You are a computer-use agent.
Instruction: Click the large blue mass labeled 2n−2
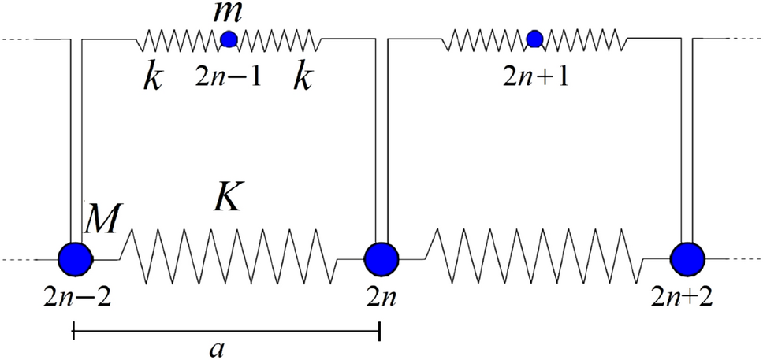[x=76, y=258]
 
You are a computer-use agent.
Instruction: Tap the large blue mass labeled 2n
[x=381, y=258]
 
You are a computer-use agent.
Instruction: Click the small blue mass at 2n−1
[x=229, y=38]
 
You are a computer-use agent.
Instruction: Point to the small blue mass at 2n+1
[x=534, y=38]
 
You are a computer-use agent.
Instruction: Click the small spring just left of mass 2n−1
[x=180, y=38]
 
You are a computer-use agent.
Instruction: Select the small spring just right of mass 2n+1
[x=583, y=38]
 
